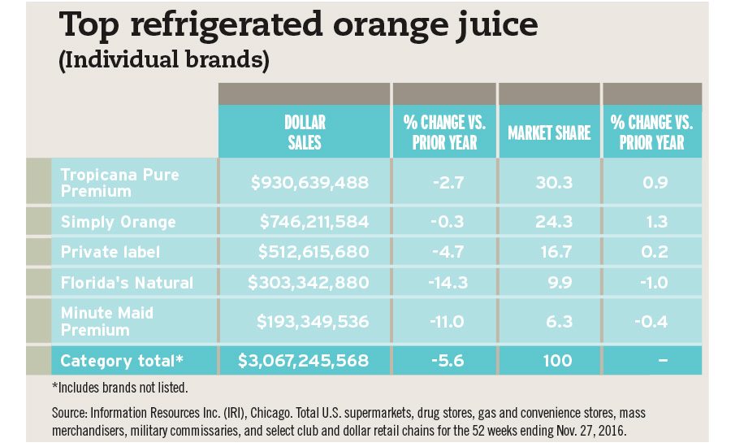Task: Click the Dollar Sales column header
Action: [x=305, y=132]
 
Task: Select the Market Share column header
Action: [x=549, y=132]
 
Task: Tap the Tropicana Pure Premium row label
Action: [x=120, y=183]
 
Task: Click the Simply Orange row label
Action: [x=119, y=222]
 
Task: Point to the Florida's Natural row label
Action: [x=128, y=283]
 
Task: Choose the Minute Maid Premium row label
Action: [x=107, y=321]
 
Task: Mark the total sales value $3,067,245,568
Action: [x=304, y=360]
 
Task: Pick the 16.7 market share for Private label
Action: [x=558, y=252]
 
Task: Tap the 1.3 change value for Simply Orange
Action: [x=655, y=222]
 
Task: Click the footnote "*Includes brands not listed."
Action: [x=120, y=388]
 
